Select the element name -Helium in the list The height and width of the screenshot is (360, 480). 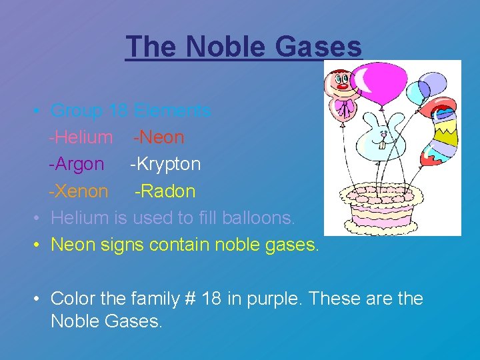point(81,137)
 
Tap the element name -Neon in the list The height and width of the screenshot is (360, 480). point(159,137)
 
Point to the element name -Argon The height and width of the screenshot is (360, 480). point(76,164)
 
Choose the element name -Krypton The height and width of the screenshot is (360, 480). point(165,164)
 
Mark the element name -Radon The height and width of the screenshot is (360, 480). point(165,191)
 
